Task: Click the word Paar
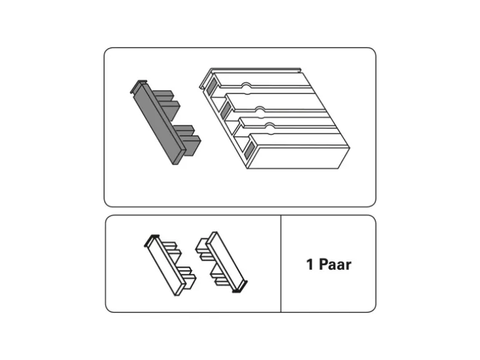[x=335, y=265]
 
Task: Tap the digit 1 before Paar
[x=310, y=265]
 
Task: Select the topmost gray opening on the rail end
[x=211, y=86]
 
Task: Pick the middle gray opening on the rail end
[x=226, y=110]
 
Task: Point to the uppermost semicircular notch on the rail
[x=246, y=86]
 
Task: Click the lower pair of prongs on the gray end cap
[x=188, y=139]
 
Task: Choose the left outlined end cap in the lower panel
[x=170, y=265]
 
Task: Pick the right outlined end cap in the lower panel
[x=221, y=262]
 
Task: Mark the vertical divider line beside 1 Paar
[x=281, y=263]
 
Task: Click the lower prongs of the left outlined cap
[x=188, y=277]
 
